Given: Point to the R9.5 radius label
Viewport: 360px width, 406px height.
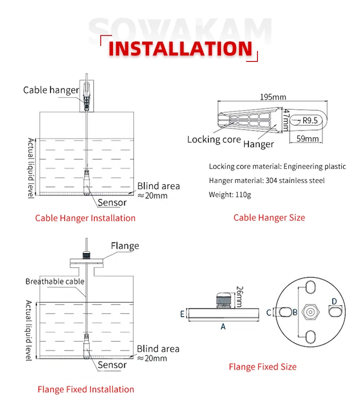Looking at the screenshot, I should click(310, 120).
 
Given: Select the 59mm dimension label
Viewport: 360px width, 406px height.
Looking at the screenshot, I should click(308, 138).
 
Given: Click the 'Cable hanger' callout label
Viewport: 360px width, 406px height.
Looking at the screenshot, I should click(51, 90).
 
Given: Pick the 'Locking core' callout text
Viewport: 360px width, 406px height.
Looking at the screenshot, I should click(214, 139).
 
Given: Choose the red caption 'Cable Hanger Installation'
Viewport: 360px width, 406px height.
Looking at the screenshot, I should click(85, 218).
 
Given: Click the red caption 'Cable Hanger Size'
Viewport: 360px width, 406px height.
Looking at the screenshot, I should click(269, 218).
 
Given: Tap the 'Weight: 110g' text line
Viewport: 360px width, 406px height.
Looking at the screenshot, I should click(230, 195).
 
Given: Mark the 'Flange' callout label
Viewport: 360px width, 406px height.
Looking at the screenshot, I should click(124, 246).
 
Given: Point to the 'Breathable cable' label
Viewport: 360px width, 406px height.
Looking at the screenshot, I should click(55, 281).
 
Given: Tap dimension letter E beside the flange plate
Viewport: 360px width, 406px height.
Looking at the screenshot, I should click(182, 314).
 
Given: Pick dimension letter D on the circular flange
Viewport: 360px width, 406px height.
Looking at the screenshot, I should click(334, 301).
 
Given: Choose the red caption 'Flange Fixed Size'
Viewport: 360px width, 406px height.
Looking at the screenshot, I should click(262, 366).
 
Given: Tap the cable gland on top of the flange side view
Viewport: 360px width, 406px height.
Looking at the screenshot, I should click(223, 300).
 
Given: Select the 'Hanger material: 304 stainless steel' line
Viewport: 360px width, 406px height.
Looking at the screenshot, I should click(267, 181).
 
